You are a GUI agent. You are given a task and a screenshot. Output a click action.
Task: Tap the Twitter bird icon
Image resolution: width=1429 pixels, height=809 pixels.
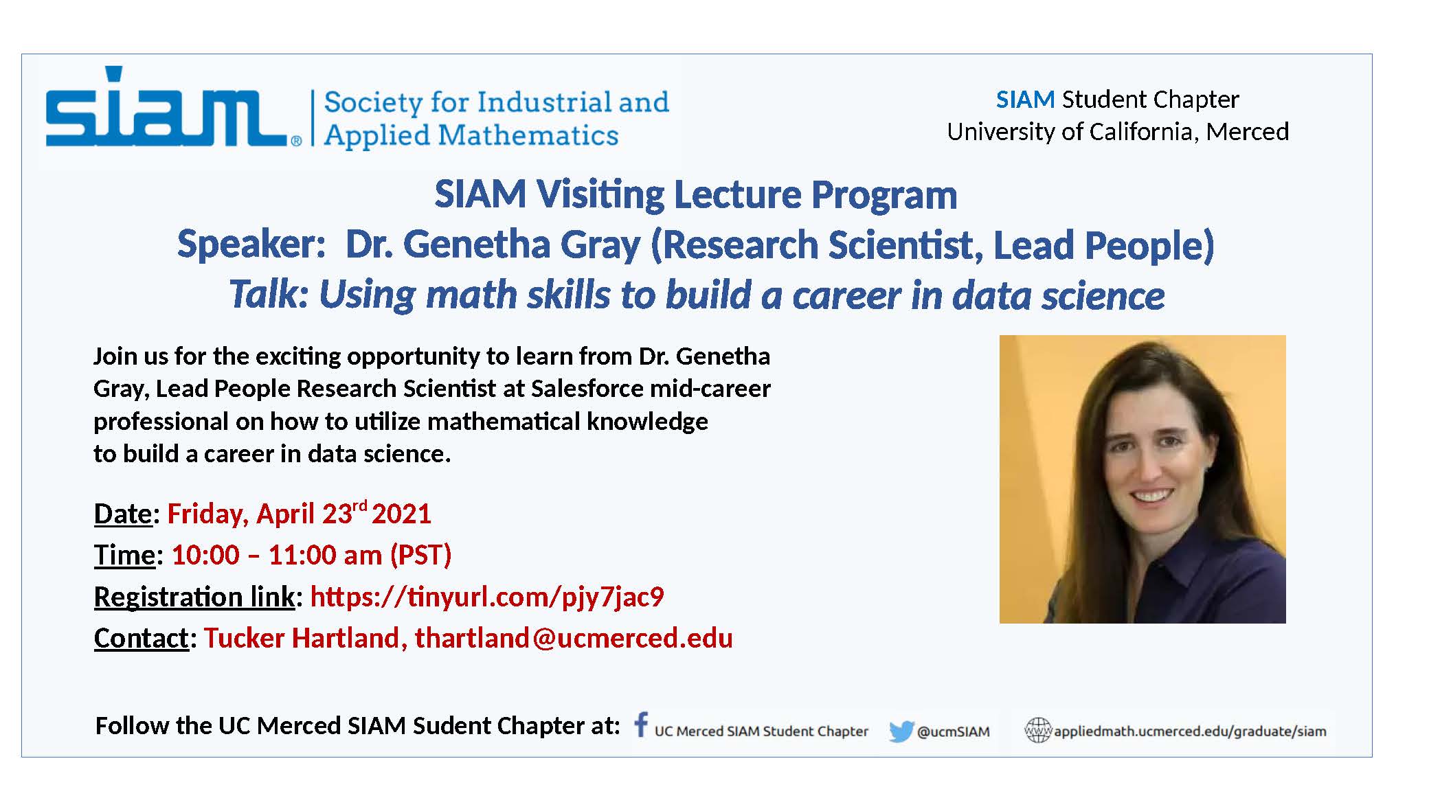(901, 731)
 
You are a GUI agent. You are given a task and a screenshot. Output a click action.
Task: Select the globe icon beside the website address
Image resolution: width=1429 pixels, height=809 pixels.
(1037, 730)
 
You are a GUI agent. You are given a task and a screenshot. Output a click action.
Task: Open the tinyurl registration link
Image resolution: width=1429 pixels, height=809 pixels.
(487, 597)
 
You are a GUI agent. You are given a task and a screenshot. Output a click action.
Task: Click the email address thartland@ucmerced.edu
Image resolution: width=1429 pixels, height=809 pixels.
(574, 638)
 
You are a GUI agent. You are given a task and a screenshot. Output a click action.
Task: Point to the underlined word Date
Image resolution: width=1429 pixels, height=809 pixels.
(123, 514)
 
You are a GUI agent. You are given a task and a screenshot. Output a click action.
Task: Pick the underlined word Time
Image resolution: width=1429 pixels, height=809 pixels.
(125, 555)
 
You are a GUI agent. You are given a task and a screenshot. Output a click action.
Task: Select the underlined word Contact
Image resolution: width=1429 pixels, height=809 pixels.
(141, 638)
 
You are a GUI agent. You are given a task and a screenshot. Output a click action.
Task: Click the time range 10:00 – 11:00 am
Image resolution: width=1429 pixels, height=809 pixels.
(277, 555)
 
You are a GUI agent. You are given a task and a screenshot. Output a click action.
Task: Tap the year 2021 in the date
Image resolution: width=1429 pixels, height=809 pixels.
(401, 514)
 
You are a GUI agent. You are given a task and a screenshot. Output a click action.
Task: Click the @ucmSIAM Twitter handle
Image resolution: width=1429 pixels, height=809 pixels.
(954, 732)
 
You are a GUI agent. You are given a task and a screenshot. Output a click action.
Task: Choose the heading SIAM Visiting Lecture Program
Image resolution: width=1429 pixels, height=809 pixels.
(696, 194)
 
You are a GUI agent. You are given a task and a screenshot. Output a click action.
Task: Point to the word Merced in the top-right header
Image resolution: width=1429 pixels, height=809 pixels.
(1248, 131)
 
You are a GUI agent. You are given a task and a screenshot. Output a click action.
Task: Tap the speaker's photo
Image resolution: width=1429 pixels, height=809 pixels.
(1143, 479)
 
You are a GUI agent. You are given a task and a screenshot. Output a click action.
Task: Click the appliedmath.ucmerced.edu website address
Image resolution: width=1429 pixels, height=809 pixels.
(1190, 731)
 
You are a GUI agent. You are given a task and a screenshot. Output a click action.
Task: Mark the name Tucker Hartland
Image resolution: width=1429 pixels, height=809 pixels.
(302, 638)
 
